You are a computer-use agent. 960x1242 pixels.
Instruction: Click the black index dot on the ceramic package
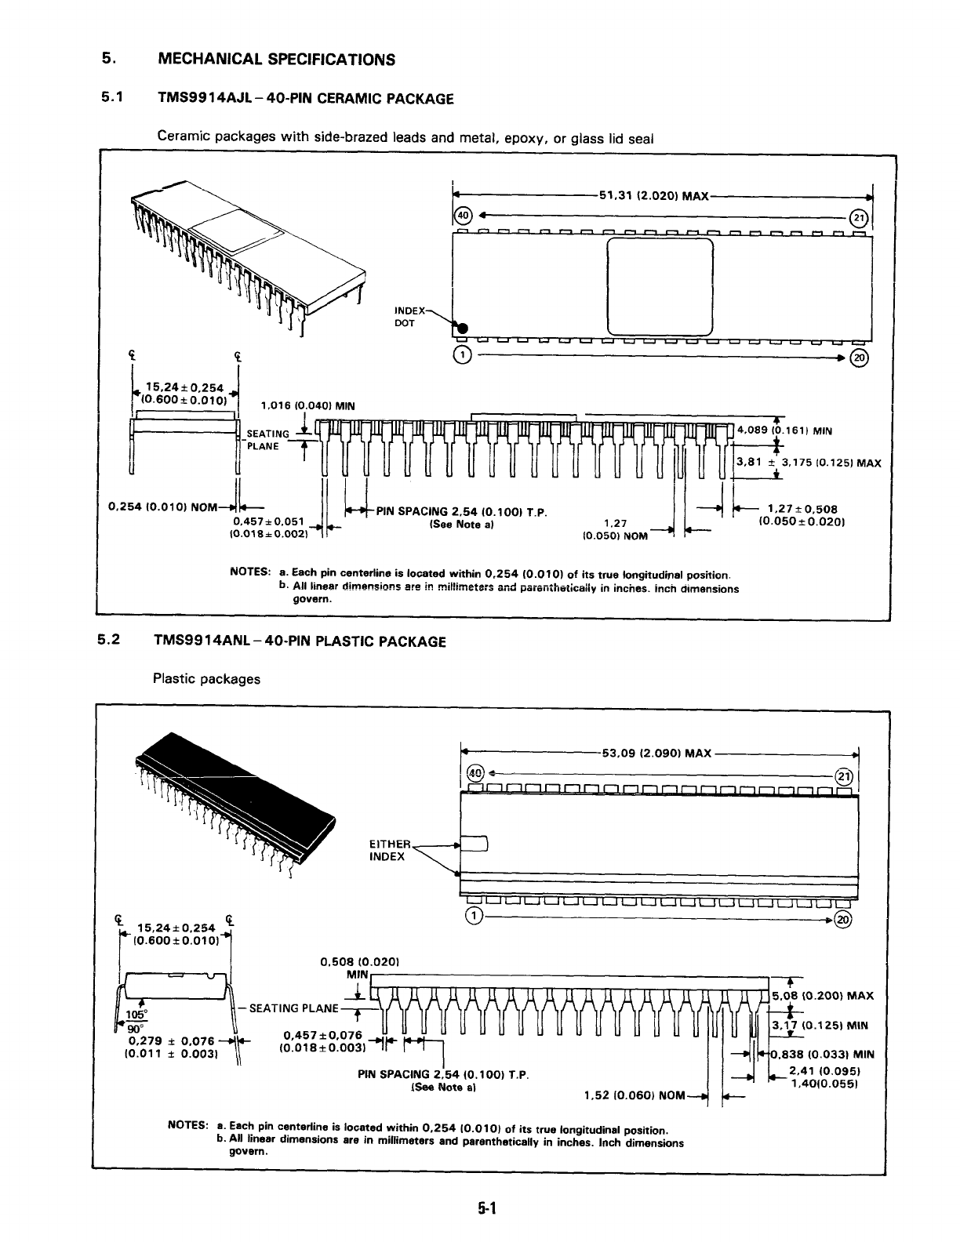463,328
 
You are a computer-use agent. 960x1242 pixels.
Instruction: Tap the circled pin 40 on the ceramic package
462,216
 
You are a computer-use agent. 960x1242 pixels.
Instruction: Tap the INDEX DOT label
409,317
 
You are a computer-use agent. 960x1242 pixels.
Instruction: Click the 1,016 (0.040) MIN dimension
307,405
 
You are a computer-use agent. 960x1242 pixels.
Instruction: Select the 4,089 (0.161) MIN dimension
784,430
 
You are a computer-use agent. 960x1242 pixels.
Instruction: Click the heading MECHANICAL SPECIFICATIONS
277,60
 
